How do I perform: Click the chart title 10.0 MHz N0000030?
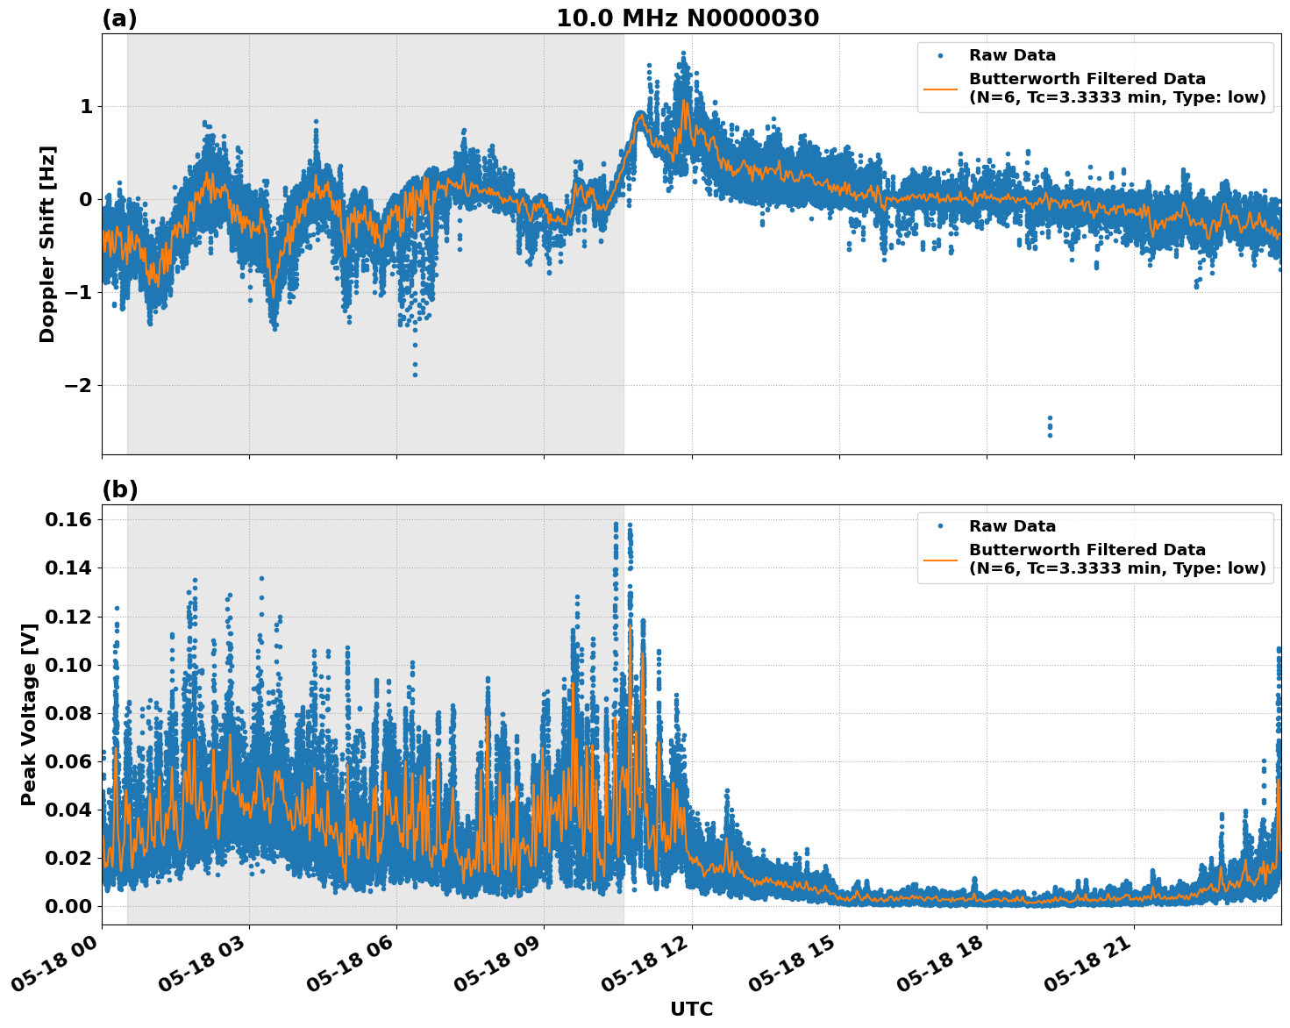(x=688, y=18)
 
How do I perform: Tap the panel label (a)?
(x=119, y=18)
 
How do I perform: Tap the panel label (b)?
(x=120, y=489)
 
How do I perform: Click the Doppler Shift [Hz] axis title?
(x=47, y=244)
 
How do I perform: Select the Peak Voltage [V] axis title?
(x=29, y=714)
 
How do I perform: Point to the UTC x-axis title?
(x=691, y=1009)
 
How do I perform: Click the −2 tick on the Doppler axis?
(x=78, y=385)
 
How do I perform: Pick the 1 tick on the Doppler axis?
(x=86, y=106)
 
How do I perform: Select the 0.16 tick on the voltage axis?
(x=68, y=519)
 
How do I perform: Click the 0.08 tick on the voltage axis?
(x=68, y=713)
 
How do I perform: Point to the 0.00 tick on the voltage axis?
(x=68, y=906)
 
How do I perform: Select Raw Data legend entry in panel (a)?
(x=1012, y=55)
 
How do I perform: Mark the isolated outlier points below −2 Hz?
(x=1050, y=426)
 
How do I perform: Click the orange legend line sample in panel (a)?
(x=940, y=88)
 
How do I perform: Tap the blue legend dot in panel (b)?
(x=940, y=526)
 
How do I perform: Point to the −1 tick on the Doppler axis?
(x=78, y=292)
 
